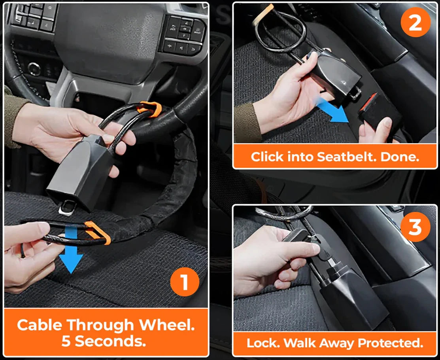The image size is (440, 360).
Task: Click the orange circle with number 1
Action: [184, 282]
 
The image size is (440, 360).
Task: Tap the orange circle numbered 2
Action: [415, 23]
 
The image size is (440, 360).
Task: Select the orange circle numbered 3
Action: [415, 227]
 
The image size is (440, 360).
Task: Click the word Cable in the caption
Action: [39, 325]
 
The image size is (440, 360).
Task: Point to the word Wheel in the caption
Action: [167, 325]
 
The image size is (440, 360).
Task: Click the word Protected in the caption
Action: [390, 343]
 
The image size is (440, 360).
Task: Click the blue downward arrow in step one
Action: [71, 249]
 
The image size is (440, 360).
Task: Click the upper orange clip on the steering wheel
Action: [150, 108]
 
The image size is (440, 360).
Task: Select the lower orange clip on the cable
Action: [98, 233]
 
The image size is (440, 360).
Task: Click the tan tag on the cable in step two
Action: [262, 13]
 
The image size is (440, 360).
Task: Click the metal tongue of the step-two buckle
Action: [355, 93]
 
